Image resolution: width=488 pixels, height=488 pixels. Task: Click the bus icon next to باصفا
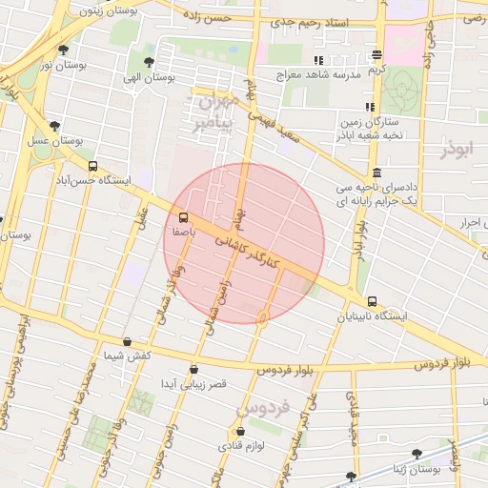point(183,216)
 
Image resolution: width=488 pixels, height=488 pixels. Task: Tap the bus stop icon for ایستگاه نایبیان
point(372,301)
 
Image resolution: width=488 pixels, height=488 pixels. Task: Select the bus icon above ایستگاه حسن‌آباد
point(92,166)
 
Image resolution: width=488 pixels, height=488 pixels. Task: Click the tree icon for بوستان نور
point(63,50)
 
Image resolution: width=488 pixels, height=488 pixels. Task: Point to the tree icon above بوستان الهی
point(147,60)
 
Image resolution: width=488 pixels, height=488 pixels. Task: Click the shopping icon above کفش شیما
point(128,341)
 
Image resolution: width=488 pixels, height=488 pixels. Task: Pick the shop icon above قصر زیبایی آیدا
point(194,369)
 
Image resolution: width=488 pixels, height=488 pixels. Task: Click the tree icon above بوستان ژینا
point(416,455)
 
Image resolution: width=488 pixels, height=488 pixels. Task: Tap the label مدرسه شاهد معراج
point(315,73)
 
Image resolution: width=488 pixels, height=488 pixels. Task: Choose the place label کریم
point(378,70)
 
